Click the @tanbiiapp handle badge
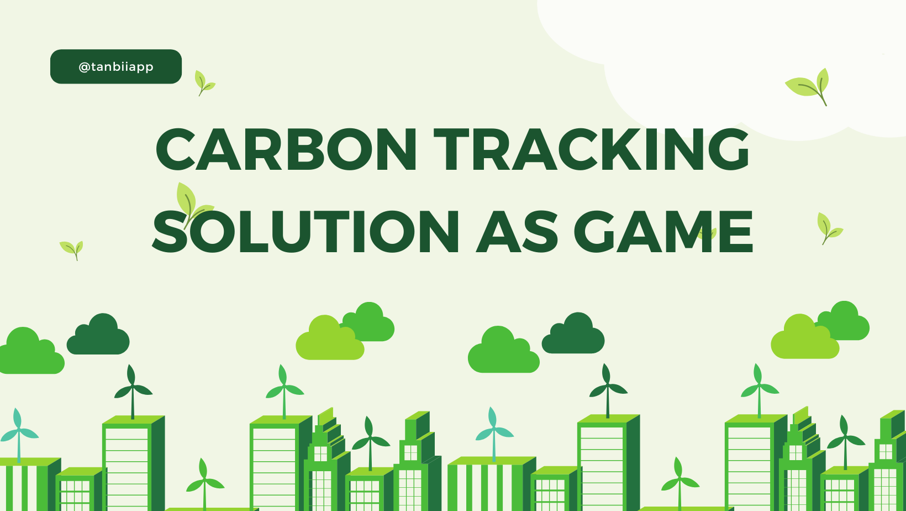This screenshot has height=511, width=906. pyautogui.click(x=116, y=67)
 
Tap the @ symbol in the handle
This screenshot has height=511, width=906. pyautogui.click(x=84, y=67)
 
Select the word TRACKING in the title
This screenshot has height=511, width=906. pyautogui.click(x=591, y=149)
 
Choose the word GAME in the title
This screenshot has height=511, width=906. pyautogui.click(x=663, y=232)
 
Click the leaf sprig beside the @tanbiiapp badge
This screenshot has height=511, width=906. pyautogui.click(x=203, y=83)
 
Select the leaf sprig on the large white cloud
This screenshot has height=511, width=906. pyautogui.click(x=809, y=86)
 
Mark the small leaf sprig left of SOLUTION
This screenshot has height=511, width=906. pyautogui.click(x=72, y=249)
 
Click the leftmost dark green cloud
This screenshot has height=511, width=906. pyautogui.click(x=98, y=336)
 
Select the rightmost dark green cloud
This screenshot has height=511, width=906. pyautogui.click(x=573, y=335)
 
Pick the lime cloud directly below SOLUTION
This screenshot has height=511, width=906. pyautogui.click(x=329, y=340)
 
